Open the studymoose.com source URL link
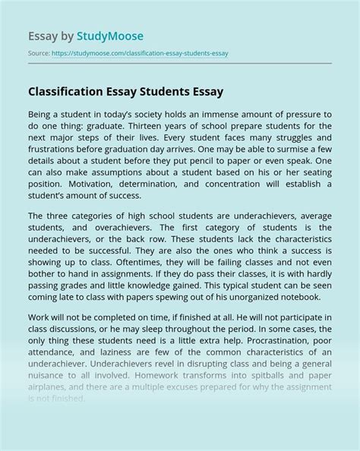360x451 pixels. click(141, 54)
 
